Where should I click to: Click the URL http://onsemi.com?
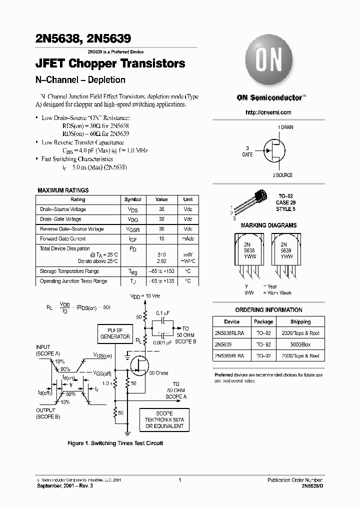tap(268, 112)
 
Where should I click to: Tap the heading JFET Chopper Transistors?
tap(110, 64)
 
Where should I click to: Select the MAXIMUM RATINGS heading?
tap(63, 190)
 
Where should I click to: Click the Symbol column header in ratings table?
tap(132, 199)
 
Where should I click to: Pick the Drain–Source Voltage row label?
tap(63, 209)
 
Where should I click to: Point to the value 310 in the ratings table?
tap(161, 254)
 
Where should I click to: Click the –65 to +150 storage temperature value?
tap(161, 271)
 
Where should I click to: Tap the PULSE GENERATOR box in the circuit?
tap(115, 333)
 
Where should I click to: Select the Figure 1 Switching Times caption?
tap(115, 443)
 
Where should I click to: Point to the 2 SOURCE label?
tap(282, 175)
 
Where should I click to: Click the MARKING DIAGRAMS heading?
tap(268, 225)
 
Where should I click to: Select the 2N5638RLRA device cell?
tap(231, 333)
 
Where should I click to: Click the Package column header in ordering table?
tap(263, 322)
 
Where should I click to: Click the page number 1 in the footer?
tap(179, 480)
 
